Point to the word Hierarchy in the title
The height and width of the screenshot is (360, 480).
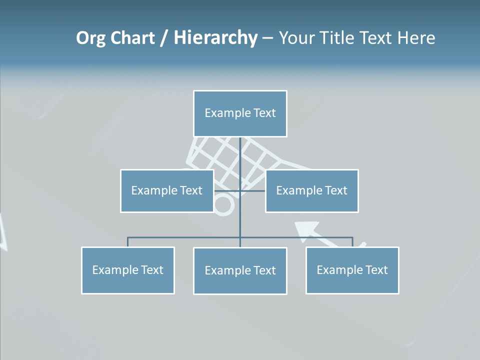(215, 38)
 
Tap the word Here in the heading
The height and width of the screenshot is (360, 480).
(416, 38)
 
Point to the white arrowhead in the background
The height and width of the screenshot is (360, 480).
(306, 228)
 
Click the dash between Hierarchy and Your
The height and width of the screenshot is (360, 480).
(267, 38)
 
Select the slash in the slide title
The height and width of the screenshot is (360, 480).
(164, 38)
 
